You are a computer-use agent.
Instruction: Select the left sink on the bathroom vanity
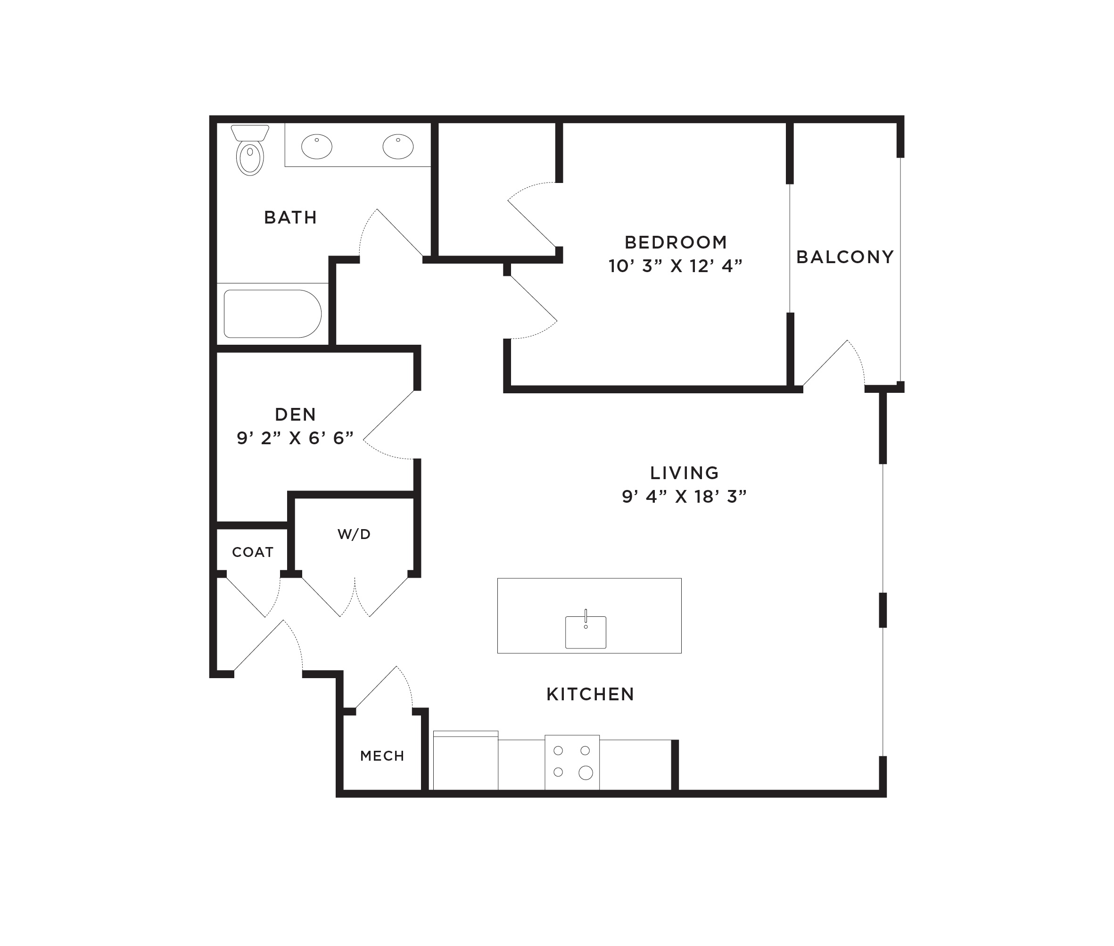coord(317,146)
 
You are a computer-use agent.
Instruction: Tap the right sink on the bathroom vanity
coord(398,146)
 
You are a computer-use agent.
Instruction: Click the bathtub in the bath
coord(272,314)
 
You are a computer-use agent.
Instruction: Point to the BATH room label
coord(290,217)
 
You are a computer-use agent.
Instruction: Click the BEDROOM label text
coord(676,242)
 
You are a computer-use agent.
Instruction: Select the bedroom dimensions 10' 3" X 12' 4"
coord(676,266)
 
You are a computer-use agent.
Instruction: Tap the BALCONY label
coord(845,257)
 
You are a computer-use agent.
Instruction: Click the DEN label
coord(296,414)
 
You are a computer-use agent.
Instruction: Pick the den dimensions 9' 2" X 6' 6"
coord(296,438)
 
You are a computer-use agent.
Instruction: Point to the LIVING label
coord(685,473)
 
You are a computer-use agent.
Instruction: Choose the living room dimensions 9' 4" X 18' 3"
coord(685,497)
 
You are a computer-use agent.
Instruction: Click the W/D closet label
coord(354,534)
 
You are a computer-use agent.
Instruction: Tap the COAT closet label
coord(253,552)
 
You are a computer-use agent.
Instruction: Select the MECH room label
coord(382,755)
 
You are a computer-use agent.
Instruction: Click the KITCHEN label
coord(590,694)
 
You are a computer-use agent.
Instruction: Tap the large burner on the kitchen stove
coord(586,772)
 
